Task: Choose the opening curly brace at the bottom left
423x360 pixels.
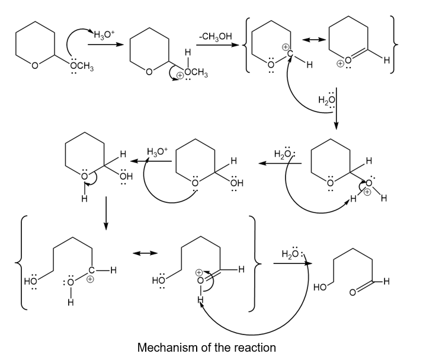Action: pyautogui.click(x=23, y=263)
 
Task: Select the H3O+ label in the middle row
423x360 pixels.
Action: pyautogui.click(x=158, y=152)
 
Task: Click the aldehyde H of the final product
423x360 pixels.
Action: pyautogui.click(x=387, y=281)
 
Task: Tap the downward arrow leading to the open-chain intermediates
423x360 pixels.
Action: pyautogui.click(x=105, y=215)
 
